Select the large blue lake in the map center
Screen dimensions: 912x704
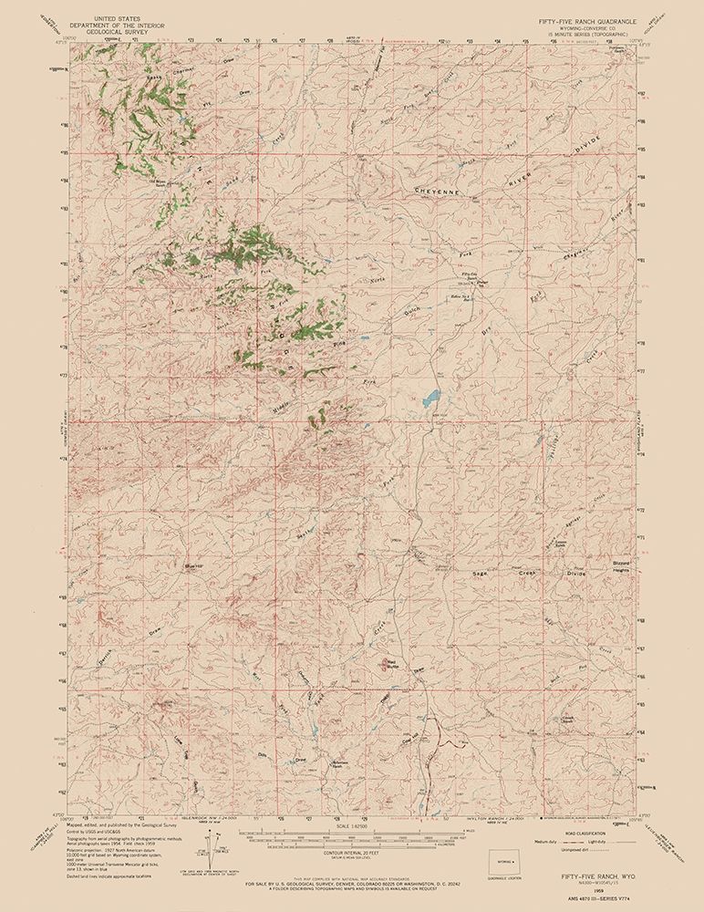click(x=430, y=399)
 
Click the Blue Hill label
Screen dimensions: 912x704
click(x=192, y=566)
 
